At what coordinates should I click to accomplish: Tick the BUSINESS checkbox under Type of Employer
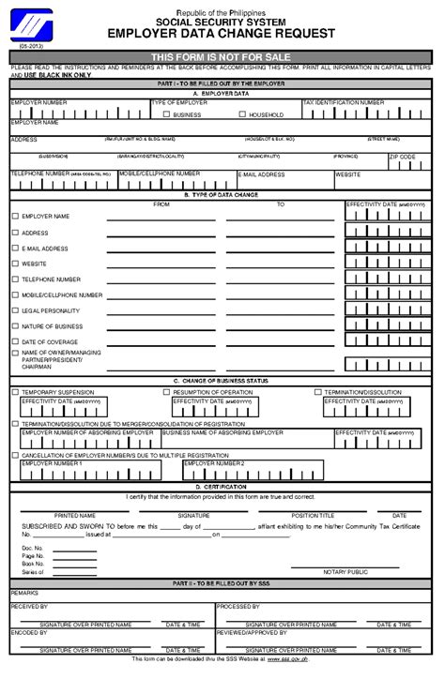(x=166, y=114)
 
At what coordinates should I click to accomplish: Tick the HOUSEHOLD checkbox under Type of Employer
(x=241, y=114)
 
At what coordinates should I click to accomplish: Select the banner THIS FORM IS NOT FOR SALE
(x=222, y=57)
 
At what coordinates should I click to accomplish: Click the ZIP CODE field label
(x=401, y=157)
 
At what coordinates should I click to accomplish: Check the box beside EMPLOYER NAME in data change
(x=15, y=217)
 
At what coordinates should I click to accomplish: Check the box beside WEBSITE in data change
(x=15, y=264)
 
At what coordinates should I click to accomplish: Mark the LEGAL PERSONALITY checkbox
(x=15, y=310)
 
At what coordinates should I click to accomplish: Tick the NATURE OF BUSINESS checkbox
(x=15, y=325)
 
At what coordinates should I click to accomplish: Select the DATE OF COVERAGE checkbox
(x=15, y=341)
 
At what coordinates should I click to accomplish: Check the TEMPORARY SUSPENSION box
(x=15, y=391)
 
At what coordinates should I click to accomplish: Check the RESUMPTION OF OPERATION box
(x=167, y=391)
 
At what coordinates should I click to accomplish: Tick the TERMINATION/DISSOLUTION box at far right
(x=318, y=391)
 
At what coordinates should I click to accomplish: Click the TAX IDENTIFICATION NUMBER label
(x=344, y=102)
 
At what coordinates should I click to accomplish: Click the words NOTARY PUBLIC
(x=345, y=571)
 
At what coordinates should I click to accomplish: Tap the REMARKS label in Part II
(x=24, y=594)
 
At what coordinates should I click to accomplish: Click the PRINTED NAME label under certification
(x=74, y=515)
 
